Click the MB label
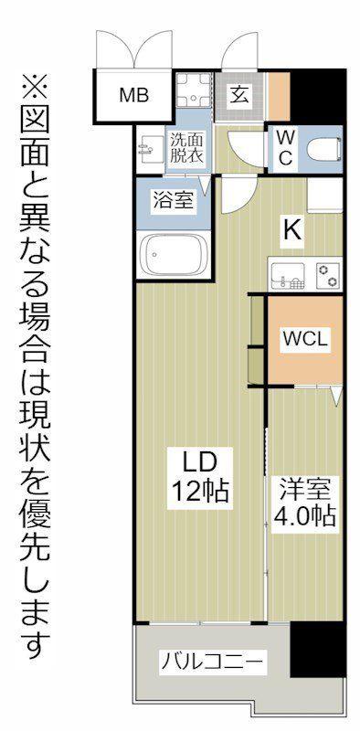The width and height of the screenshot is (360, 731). (133, 96)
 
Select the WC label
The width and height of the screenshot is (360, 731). (285, 147)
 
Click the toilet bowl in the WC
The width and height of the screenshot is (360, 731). (324, 149)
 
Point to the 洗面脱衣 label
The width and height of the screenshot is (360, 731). (185, 148)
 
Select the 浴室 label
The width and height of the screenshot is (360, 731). (172, 200)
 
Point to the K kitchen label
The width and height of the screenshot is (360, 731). (291, 230)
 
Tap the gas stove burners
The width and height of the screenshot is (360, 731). (327, 274)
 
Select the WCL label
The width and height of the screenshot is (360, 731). (304, 337)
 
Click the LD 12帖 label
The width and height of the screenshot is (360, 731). (200, 479)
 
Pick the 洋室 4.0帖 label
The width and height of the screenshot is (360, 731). (305, 502)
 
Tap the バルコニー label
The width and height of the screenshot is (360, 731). (212, 660)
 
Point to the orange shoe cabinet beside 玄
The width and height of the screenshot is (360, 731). (279, 97)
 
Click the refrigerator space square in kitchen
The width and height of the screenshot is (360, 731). (324, 196)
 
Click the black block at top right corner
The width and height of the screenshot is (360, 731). (321, 97)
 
